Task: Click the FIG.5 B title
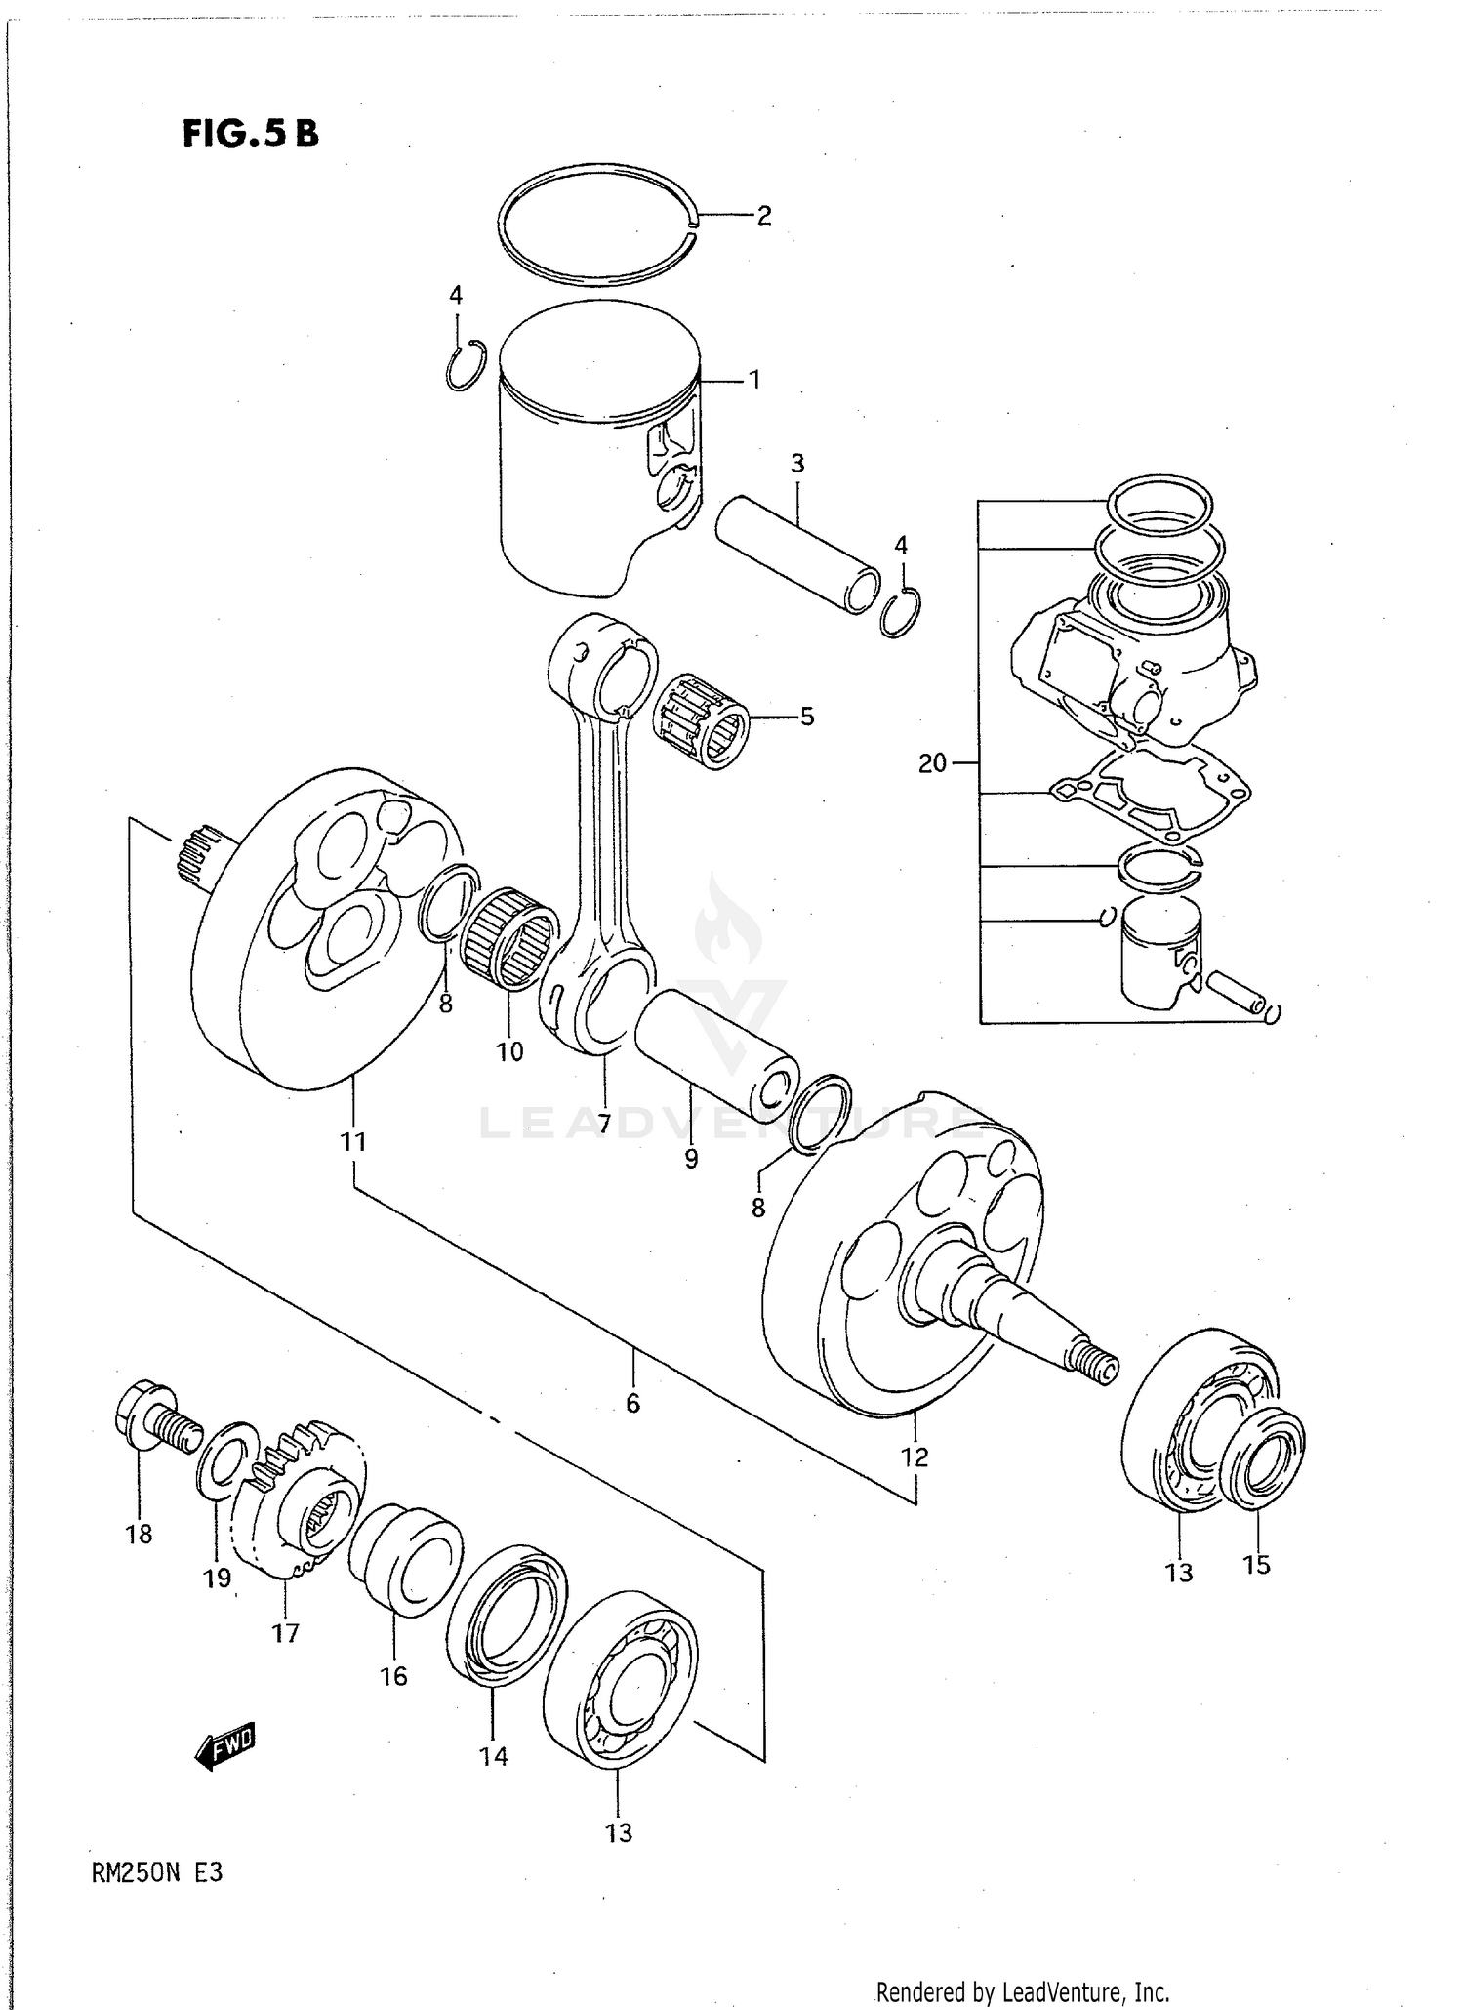click(x=250, y=134)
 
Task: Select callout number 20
click(x=932, y=762)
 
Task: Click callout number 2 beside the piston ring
click(x=764, y=216)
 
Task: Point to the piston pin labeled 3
click(x=795, y=554)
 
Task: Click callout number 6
click(x=632, y=1403)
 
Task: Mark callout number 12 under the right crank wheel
click(x=915, y=1457)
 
